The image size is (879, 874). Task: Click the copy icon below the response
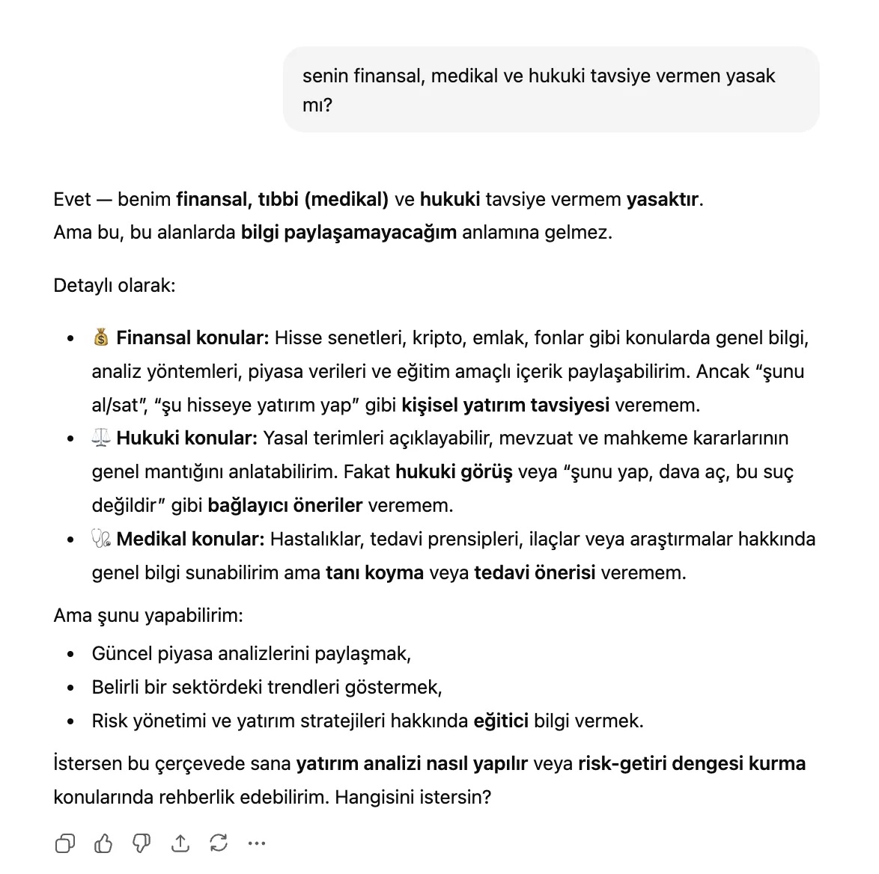tap(65, 843)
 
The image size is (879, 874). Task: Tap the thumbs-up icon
tap(103, 843)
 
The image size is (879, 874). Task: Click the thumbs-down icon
tap(142, 843)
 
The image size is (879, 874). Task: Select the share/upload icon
tap(180, 843)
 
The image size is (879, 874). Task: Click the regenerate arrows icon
tap(219, 843)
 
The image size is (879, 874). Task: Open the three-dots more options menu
tap(257, 843)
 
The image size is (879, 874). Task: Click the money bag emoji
tap(101, 338)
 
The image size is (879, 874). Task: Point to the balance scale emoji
tap(101, 438)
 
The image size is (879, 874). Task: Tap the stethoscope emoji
tap(101, 540)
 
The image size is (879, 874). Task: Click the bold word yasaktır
tap(663, 200)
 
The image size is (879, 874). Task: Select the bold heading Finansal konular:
tap(192, 338)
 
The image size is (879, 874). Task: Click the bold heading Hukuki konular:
tap(187, 438)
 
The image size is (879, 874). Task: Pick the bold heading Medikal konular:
tap(190, 540)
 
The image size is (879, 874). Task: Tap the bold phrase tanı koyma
tap(374, 573)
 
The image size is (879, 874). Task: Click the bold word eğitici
tap(501, 721)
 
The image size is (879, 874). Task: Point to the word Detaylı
tap(83, 286)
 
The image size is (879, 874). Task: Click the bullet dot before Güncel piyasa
tap(70, 655)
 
